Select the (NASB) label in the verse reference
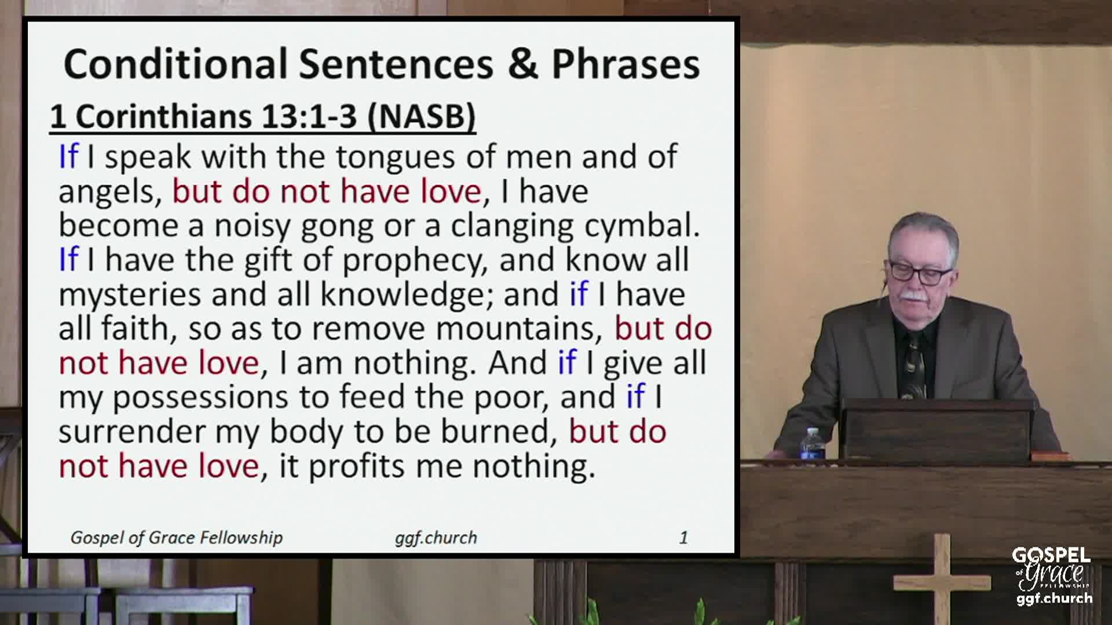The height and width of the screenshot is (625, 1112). [422, 116]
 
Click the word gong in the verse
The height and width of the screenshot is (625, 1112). [336, 227]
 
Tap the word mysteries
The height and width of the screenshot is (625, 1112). [129, 295]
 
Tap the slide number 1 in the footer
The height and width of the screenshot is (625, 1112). [683, 538]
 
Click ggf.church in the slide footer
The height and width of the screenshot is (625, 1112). [436, 538]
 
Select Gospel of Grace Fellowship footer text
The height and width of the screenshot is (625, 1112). [177, 538]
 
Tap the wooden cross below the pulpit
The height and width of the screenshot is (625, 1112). [942, 579]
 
